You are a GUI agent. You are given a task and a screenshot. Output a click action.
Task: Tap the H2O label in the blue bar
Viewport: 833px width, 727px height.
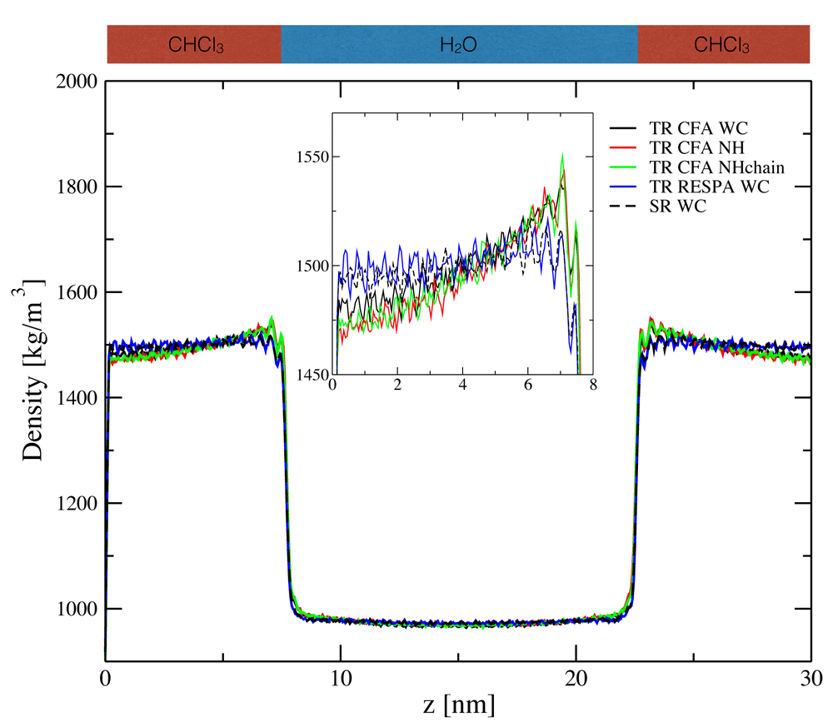point(458,44)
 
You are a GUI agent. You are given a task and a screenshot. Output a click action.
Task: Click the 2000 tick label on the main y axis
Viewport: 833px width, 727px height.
point(74,82)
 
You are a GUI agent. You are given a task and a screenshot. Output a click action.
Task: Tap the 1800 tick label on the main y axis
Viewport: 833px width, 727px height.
point(74,187)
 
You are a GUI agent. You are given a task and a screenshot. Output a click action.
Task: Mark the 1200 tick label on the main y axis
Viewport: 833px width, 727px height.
point(74,504)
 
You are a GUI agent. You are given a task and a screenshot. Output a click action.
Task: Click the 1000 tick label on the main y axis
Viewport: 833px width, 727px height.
point(74,610)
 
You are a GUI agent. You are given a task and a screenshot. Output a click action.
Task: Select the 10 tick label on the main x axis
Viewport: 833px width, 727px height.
point(340,676)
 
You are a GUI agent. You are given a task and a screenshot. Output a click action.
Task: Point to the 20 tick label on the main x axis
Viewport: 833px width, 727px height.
point(576,676)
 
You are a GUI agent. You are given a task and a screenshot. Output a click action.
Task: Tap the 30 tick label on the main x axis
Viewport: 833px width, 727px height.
point(811,676)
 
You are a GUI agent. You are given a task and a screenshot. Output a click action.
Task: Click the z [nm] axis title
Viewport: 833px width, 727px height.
point(457,706)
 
